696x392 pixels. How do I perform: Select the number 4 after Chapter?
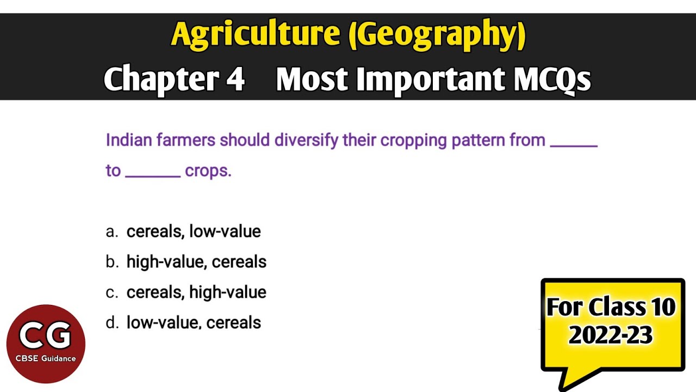235,79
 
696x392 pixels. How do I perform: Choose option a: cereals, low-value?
194,231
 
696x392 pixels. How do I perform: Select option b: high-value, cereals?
196,262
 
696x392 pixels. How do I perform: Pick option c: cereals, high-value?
196,292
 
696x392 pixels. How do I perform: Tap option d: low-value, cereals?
194,323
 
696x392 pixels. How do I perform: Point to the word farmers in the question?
186,140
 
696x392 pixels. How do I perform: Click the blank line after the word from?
574,145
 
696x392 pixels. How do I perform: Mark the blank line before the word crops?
153,175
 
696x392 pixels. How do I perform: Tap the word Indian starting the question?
129,140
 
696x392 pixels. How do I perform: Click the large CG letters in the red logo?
46,335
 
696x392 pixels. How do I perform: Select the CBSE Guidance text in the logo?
46,358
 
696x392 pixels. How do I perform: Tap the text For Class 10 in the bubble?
611,308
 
